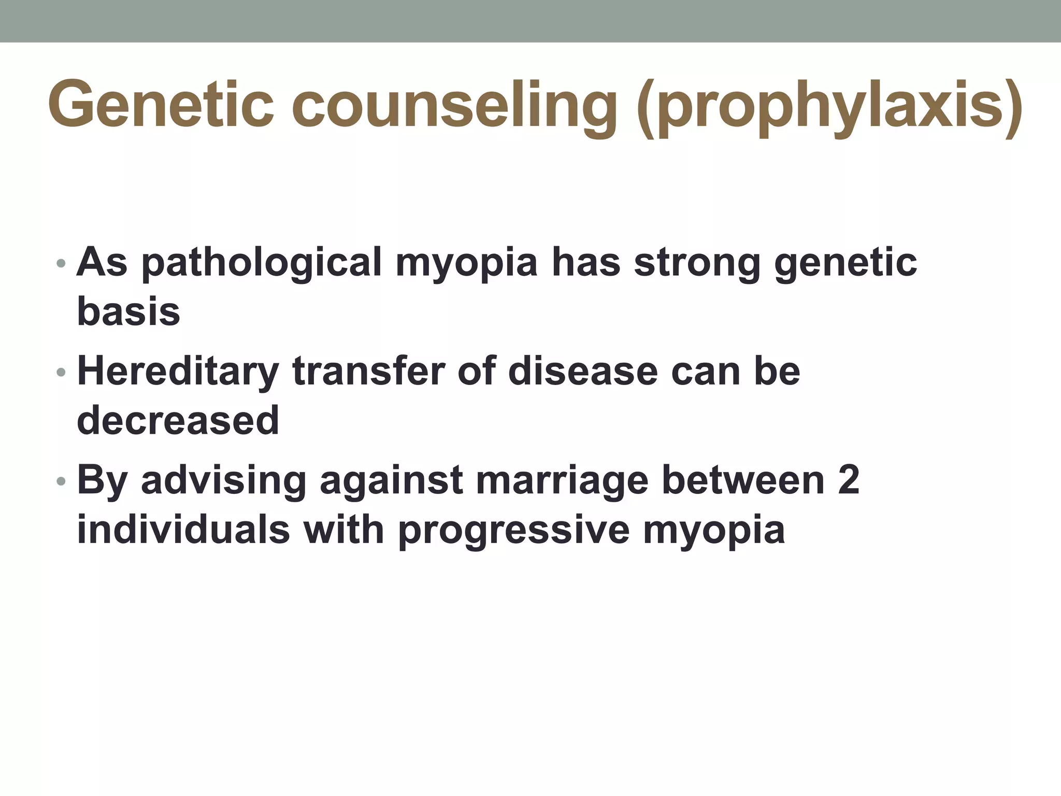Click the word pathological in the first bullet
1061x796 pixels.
click(262, 263)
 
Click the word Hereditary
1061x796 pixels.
click(178, 372)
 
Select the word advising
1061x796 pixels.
click(224, 481)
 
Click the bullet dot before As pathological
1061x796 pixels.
click(61, 263)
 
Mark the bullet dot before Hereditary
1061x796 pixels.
click(61, 372)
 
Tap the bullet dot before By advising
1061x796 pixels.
click(61, 481)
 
